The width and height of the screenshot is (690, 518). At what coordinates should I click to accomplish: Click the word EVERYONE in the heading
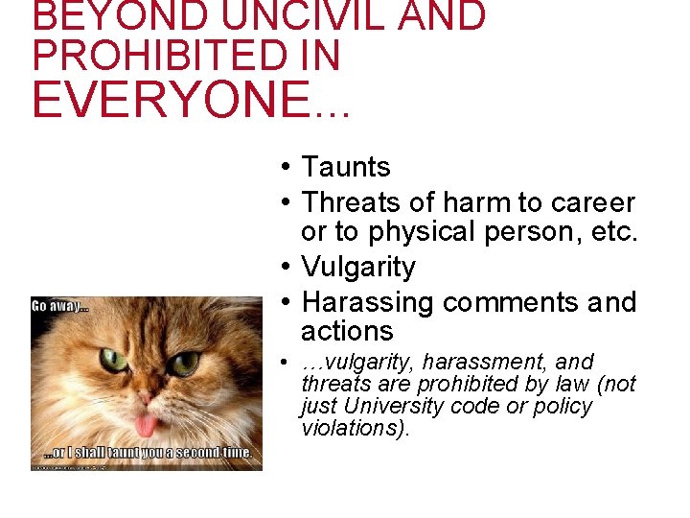(167, 100)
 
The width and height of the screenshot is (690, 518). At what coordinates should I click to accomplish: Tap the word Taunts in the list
(346, 167)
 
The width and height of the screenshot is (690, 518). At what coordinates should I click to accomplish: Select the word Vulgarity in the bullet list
(358, 267)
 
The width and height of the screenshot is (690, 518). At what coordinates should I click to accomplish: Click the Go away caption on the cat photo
(60, 307)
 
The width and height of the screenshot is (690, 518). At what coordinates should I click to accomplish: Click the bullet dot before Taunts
(287, 168)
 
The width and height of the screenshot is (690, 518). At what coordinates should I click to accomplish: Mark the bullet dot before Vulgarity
(287, 268)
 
